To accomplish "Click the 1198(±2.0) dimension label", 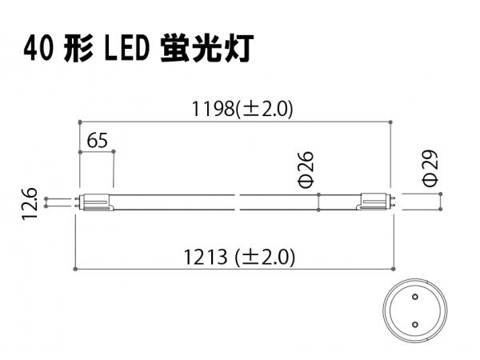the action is [242, 109].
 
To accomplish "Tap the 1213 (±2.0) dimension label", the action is [239, 257].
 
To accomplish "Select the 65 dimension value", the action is [98, 141].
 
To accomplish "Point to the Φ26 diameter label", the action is [306, 169].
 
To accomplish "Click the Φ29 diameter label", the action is [430, 168].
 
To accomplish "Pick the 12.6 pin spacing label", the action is [30, 203].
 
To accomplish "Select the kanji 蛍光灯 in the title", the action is [207, 49].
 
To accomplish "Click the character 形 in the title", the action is [78, 50].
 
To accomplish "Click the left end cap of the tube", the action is [97, 202].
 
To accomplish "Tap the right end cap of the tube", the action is [374, 202].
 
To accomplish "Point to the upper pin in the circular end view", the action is [415, 296].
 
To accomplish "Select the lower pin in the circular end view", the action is [415, 324].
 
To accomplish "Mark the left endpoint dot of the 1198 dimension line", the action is [80, 122].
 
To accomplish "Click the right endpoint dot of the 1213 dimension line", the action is [394, 269].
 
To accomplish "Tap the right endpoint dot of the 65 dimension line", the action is [114, 151].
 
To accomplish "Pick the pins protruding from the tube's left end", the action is [78, 202].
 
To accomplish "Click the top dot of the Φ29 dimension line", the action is [441, 194].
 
